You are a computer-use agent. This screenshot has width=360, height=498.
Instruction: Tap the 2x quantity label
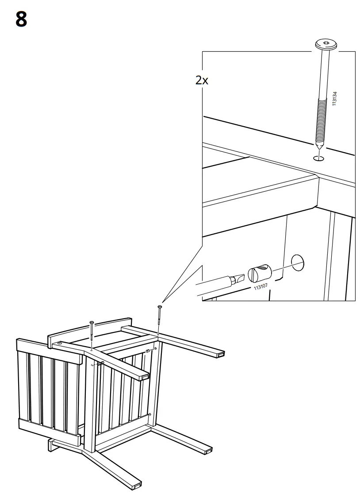pyautogui.click(x=201, y=80)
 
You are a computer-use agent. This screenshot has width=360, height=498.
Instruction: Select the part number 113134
pyautogui.click(x=335, y=98)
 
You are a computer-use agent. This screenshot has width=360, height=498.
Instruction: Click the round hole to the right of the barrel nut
pyautogui.click(x=298, y=263)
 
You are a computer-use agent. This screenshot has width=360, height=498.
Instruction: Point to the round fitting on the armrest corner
pyautogui.click(x=60, y=343)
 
